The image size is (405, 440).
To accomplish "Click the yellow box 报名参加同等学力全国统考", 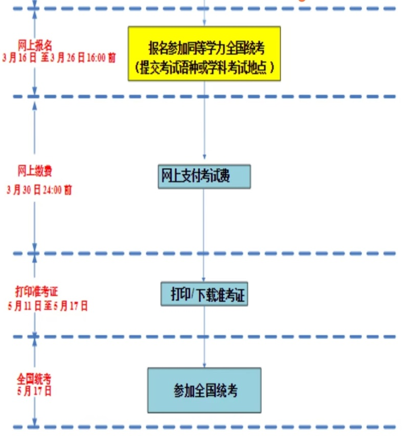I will [204, 53].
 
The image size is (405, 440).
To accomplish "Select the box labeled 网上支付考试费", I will [204, 176].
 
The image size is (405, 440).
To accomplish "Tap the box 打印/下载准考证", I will [204, 294].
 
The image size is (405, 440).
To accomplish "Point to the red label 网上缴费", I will [34, 170].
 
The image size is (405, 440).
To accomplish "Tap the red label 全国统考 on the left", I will [34, 379].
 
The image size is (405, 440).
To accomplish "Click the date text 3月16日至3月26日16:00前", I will [59, 57].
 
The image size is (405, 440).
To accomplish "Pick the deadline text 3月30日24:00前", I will [40, 190].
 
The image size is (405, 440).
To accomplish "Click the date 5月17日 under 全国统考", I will [34, 390].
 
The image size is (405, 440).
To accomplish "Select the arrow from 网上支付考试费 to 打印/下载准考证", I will [204, 234].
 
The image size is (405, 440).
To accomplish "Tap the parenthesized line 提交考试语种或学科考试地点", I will [204, 67].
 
